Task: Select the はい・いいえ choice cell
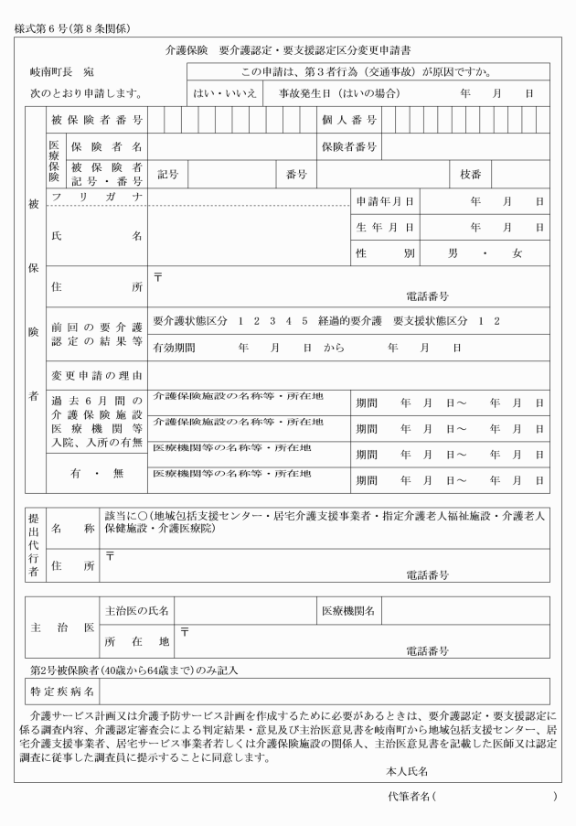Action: point(223,93)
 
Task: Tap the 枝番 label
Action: point(470,174)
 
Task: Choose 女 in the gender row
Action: point(517,252)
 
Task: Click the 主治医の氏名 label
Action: point(136,608)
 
